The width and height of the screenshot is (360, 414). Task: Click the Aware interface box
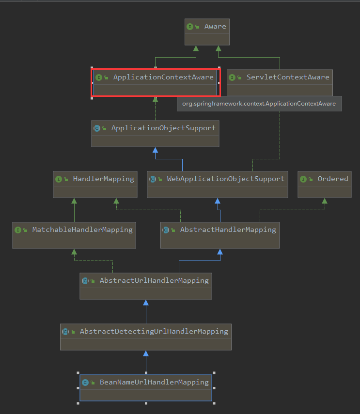(x=207, y=32)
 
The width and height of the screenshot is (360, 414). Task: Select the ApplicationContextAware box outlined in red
(x=156, y=82)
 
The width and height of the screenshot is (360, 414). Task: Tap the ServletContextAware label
(x=287, y=77)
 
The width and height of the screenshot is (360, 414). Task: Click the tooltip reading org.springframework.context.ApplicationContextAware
(x=259, y=104)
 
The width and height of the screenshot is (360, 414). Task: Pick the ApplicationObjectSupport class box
(x=155, y=133)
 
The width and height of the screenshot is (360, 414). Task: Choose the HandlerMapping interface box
(x=94, y=184)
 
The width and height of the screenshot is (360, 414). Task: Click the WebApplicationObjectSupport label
(x=225, y=179)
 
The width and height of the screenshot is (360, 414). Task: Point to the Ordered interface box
(x=324, y=184)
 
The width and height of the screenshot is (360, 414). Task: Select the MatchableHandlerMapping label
(x=82, y=230)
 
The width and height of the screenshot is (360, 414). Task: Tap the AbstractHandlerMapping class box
(x=220, y=235)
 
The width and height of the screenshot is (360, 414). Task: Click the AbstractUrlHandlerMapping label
(x=154, y=280)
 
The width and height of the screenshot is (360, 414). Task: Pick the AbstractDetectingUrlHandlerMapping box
(x=145, y=337)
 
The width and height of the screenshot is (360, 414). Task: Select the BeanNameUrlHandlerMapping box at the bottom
(x=145, y=387)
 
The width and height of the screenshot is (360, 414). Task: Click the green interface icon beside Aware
(x=190, y=27)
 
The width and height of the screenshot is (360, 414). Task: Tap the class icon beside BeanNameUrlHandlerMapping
(x=85, y=382)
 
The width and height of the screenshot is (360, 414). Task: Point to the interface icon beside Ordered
(x=303, y=179)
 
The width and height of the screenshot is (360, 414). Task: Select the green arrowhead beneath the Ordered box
(x=324, y=201)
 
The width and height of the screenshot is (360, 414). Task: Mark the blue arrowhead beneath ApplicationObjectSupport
(x=155, y=150)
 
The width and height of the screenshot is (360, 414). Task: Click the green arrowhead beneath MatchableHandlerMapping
(x=74, y=252)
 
